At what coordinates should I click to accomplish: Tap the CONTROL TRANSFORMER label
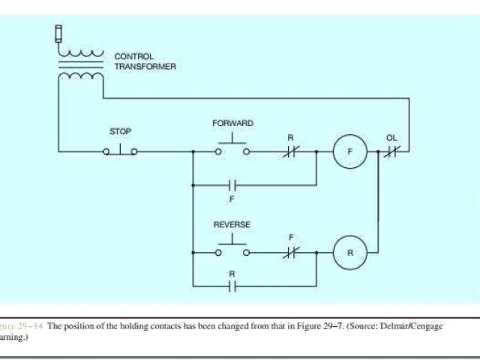tap(145, 61)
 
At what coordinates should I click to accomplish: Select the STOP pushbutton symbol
tap(121, 151)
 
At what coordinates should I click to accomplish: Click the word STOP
tap(121, 131)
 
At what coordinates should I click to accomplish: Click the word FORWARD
tap(232, 122)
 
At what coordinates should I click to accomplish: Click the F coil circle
tap(349, 151)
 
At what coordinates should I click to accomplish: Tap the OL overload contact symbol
tap(391, 151)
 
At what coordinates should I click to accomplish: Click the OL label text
tap(391, 138)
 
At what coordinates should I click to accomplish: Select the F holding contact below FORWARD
tap(232, 183)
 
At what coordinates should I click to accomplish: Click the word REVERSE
tap(232, 224)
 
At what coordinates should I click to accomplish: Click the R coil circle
tap(349, 253)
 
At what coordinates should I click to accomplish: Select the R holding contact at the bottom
tap(232, 285)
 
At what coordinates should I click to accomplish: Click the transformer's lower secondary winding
tap(82, 75)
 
